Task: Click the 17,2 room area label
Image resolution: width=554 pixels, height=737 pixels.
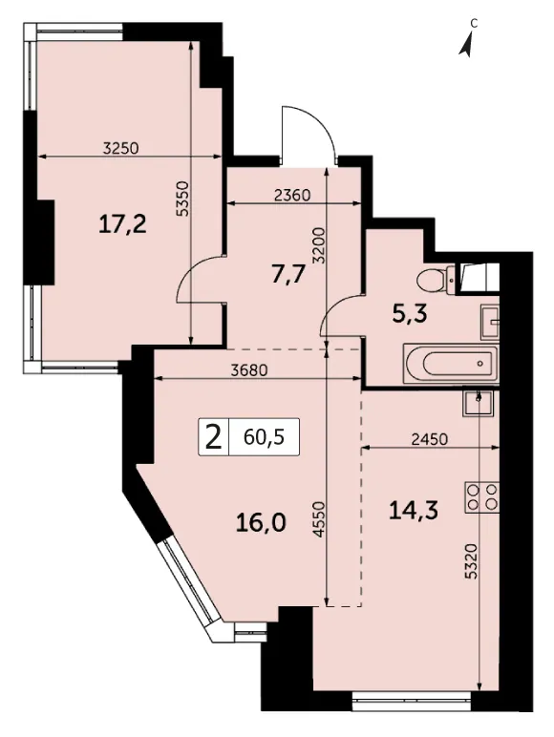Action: click(x=123, y=223)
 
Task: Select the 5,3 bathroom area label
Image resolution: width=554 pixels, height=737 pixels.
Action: click(x=410, y=313)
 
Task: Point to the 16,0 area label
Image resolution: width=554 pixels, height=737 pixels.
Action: click(x=262, y=522)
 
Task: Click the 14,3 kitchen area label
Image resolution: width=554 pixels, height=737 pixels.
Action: click(x=414, y=510)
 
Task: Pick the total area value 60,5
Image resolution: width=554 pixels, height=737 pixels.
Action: click(x=265, y=437)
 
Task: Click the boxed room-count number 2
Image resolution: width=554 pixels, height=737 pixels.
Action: click(x=214, y=437)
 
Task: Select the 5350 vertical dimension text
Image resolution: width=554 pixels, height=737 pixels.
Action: click(x=182, y=199)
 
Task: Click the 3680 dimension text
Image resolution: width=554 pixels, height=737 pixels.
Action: click(x=249, y=370)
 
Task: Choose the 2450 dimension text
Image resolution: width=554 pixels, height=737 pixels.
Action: click(x=429, y=439)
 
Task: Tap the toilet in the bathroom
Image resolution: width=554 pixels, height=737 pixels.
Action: click(x=436, y=280)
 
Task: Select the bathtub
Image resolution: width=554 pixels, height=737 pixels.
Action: click(x=451, y=364)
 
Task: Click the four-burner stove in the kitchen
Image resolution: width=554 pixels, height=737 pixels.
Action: click(x=482, y=497)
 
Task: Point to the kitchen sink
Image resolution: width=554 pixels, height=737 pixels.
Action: click(x=478, y=403)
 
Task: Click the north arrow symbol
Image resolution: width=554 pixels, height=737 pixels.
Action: click(x=466, y=46)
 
